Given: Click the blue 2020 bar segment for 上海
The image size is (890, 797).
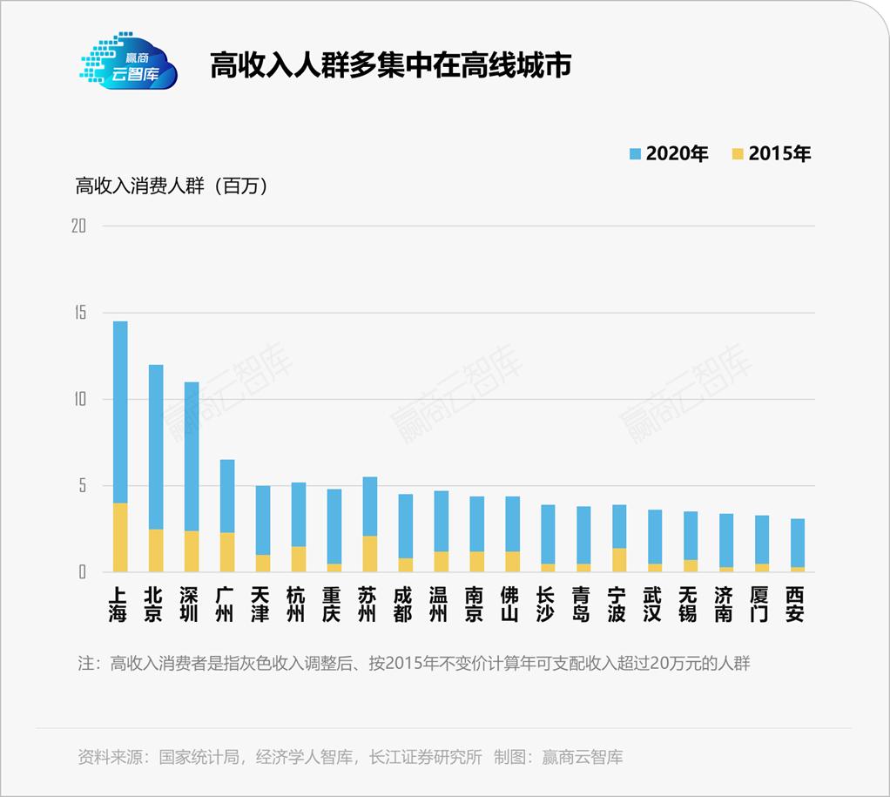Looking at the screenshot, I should click(120, 411).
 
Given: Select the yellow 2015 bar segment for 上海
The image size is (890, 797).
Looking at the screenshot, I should click(120, 537).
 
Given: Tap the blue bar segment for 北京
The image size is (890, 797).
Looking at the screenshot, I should click(156, 446).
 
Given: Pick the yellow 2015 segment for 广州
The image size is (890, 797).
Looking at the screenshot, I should click(227, 552).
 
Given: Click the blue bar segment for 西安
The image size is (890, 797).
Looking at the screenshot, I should click(798, 543).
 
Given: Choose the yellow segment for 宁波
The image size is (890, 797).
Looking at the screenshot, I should click(619, 560).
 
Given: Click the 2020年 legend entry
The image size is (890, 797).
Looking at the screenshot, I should click(668, 154).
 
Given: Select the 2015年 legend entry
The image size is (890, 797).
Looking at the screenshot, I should click(771, 154).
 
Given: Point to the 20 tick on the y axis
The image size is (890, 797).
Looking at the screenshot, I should click(79, 226).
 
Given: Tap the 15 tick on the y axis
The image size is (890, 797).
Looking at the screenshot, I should click(79, 313).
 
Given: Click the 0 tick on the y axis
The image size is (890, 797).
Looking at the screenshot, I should click(83, 572).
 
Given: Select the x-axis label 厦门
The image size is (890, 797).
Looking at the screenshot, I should click(762, 605).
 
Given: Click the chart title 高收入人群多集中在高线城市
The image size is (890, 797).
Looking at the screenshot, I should click(390, 66).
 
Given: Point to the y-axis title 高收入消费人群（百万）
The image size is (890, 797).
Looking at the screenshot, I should click(172, 186).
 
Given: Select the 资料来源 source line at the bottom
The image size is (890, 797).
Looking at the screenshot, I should click(350, 757).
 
